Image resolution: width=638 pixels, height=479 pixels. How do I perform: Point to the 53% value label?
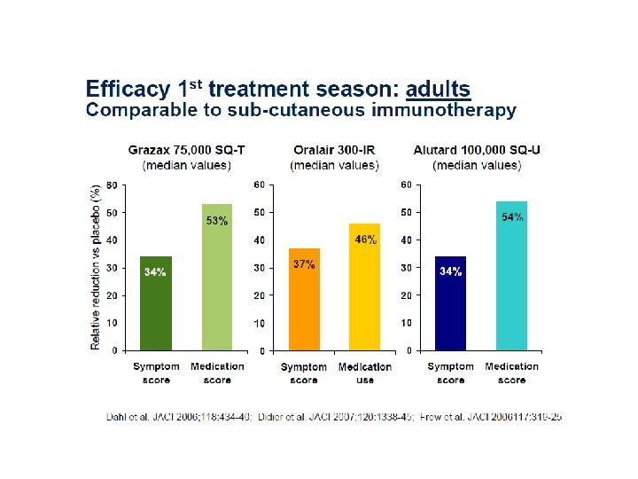click(217, 221)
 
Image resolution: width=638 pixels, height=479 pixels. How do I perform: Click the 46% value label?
click(365, 239)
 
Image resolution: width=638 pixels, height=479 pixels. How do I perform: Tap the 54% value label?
click(512, 217)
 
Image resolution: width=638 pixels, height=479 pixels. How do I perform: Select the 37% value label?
click(304, 264)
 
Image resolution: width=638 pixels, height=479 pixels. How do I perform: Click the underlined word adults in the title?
click(438, 90)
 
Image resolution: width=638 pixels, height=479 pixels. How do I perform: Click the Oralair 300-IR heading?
click(335, 150)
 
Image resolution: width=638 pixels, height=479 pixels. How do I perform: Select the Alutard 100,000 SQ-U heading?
click(477, 150)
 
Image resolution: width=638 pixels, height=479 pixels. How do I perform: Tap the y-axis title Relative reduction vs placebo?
click(96, 266)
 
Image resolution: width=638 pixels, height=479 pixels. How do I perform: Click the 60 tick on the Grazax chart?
click(112, 185)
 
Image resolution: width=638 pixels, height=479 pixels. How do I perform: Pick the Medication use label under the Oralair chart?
click(364, 373)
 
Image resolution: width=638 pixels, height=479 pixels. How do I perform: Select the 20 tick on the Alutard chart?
click(406, 295)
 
